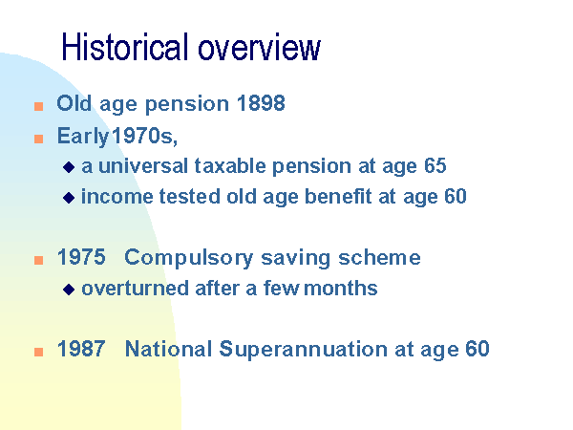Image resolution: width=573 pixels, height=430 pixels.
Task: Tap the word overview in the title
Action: [x=260, y=49]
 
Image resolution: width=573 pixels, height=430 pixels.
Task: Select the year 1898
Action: [x=261, y=103]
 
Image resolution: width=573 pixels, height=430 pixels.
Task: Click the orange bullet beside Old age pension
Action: [x=39, y=106]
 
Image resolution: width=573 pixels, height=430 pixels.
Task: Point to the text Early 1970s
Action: [x=117, y=137]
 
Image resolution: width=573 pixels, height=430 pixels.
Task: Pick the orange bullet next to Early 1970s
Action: [x=39, y=139]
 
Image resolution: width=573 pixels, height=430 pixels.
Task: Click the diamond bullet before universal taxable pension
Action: [x=69, y=167]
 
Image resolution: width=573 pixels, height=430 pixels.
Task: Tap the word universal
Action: [x=143, y=165]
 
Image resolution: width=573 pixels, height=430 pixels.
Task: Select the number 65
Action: [x=435, y=165]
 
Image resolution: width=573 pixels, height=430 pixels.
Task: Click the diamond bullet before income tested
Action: [x=69, y=198]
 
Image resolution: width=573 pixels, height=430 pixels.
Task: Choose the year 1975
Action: [x=81, y=257]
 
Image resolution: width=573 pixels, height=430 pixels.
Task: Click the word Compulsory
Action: [x=188, y=258]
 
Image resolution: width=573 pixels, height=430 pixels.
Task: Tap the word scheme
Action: [x=379, y=257]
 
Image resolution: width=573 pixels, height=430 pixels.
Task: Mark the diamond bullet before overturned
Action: [x=69, y=290]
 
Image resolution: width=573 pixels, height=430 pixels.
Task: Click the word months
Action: [x=341, y=289]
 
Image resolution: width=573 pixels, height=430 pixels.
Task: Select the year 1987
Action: [x=81, y=349]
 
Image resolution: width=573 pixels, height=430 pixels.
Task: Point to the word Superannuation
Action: [x=304, y=350]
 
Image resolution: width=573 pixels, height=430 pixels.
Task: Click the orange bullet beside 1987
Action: [x=39, y=352]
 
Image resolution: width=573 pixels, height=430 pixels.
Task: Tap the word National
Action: [x=168, y=349]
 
